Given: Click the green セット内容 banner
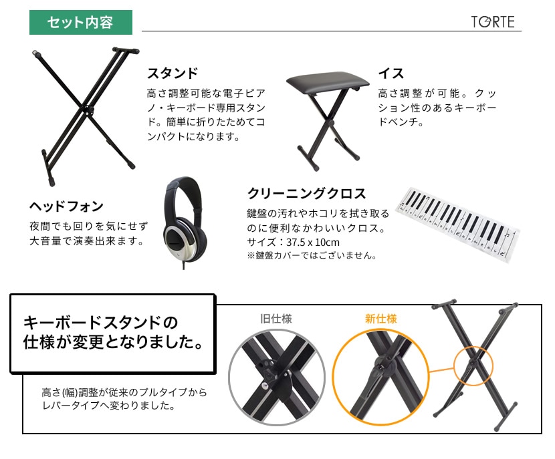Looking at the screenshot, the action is pos(81,22).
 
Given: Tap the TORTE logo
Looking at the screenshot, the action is pos(493,22).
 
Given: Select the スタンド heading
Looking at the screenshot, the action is pos(173,73).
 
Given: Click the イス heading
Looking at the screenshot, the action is pos(391,73).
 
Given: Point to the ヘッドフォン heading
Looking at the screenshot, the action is pos(67,206).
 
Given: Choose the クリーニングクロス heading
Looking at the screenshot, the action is pos(306,194).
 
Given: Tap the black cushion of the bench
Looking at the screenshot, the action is pos(328,81).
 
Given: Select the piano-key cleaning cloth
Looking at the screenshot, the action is pos(458,224).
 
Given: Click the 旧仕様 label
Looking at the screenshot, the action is pos(276,319).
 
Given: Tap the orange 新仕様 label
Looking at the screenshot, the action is pos(381,319).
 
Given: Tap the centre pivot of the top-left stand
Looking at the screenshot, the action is pos(87,110).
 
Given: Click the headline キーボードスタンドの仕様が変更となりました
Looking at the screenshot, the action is pos(113,332).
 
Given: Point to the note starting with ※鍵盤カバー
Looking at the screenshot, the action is pos(312,255).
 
